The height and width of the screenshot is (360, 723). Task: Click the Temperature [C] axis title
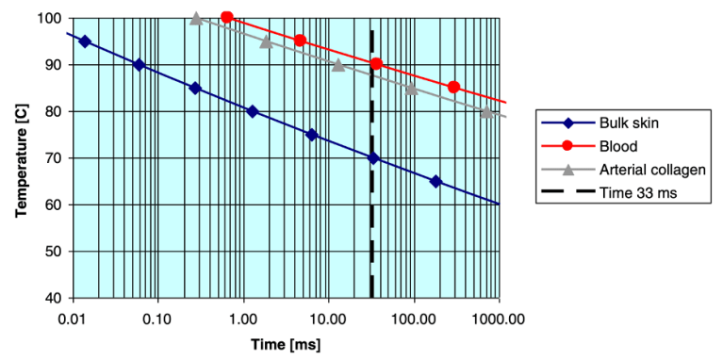click(x=21, y=157)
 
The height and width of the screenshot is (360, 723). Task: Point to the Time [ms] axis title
click(x=285, y=344)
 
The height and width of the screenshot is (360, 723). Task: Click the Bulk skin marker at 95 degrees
click(x=85, y=41)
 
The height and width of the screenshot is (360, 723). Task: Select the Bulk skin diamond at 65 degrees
click(x=435, y=181)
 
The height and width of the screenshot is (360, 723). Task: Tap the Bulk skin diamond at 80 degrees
click(x=252, y=111)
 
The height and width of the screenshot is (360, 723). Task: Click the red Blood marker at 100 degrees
click(x=227, y=17)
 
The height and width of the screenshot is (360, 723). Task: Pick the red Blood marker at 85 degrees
click(x=454, y=87)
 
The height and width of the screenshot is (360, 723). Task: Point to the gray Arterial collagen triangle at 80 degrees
click(x=486, y=111)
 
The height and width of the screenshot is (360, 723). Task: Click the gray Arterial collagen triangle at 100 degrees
click(x=196, y=18)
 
